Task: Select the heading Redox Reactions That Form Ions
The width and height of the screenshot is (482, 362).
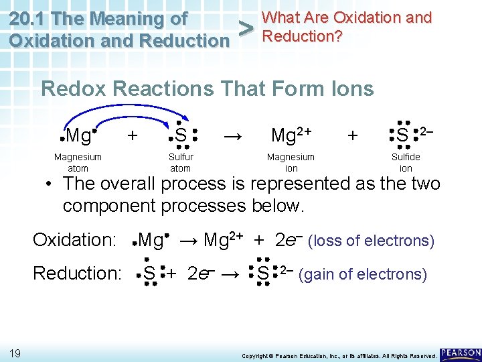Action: point(208,88)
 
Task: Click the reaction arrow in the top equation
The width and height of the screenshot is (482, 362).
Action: point(233,136)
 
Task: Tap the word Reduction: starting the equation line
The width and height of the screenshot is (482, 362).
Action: point(76,274)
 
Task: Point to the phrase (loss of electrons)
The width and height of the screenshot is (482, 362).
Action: point(371,240)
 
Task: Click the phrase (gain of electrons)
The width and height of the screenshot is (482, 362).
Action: point(363,274)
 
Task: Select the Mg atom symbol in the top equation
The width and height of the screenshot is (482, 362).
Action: point(80,136)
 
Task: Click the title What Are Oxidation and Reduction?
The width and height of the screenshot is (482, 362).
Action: point(347,26)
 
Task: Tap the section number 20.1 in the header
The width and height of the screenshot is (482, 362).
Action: point(32,18)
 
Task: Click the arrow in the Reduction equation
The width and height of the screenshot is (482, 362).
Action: point(231,274)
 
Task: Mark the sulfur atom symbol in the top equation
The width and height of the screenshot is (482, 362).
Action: point(181,136)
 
